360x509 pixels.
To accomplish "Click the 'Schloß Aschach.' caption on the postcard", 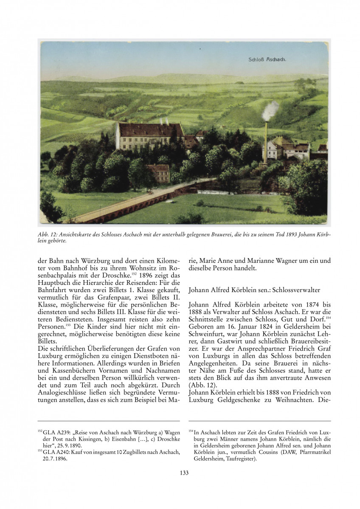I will click(x=267, y=60).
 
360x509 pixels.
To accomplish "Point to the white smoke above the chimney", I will click(x=270, y=110).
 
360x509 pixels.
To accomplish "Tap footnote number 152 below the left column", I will click(x=40, y=430).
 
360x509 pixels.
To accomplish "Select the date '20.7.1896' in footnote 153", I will click(x=58, y=459).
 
